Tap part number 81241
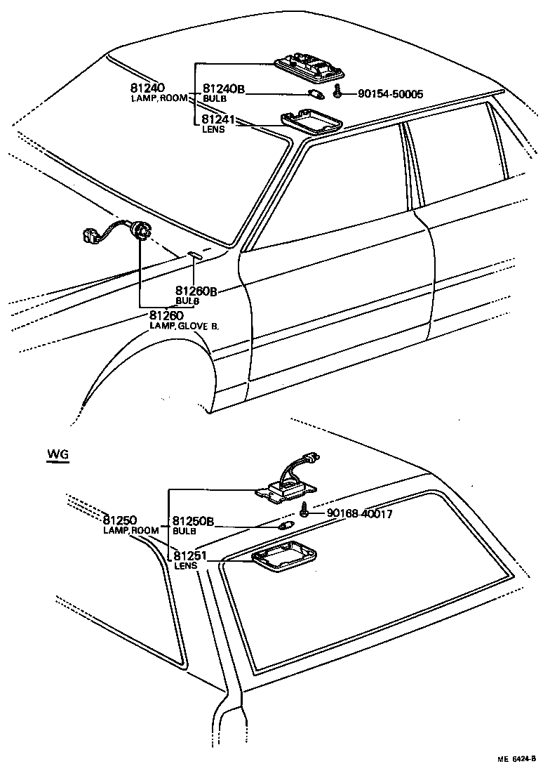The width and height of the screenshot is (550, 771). coord(219,119)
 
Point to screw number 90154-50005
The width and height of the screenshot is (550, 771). coord(390,93)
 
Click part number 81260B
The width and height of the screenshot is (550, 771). coord(196,291)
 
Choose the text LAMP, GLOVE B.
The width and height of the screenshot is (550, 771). coord(184,326)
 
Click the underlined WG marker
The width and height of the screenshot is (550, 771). coord(58,455)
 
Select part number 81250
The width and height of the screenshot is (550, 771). coord(120,520)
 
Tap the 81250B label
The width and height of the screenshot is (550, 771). coord(193,521)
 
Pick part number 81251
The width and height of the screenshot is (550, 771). coord(191,556)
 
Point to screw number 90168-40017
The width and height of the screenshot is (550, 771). coord(359,514)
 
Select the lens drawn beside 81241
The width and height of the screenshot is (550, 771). coord(311,122)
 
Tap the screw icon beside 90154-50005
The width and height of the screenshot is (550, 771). coord(337,91)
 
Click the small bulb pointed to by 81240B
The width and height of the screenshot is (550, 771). coord(316,94)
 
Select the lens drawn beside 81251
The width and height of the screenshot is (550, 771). coord(283,555)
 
